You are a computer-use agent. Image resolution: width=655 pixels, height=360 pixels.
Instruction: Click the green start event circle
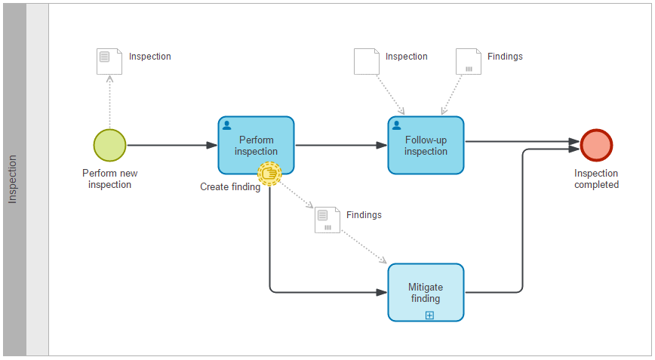coord(109,145)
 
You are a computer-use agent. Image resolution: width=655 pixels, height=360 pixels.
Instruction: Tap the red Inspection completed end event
coord(596,145)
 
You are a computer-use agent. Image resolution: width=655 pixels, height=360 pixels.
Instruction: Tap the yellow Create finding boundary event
coord(269,174)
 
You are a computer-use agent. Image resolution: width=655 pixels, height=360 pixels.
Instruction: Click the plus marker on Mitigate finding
coord(429,315)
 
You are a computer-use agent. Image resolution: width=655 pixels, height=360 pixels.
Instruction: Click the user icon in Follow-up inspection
coord(397,125)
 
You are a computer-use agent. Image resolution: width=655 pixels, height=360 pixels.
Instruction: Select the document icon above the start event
coord(109,61)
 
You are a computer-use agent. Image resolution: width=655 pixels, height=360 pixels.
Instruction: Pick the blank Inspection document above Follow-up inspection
coord(367,61)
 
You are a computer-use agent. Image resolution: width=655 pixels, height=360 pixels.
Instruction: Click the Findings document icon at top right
coord(469,61)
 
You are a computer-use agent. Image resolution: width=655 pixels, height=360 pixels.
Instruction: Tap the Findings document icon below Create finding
coord(327,220)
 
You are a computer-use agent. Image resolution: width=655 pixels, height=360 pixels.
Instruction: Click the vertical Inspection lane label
coord(13,180)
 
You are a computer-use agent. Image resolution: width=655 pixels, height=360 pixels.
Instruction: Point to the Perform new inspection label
coord(109,179)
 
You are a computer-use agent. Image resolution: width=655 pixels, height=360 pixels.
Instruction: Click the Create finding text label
coord(230,187)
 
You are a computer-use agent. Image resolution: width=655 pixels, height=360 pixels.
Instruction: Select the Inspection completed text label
coord(596,179)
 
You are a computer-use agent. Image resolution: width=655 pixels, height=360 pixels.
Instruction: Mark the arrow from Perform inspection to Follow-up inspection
coord(340,145)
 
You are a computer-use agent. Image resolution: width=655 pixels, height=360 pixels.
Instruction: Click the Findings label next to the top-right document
coord(505,57)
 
